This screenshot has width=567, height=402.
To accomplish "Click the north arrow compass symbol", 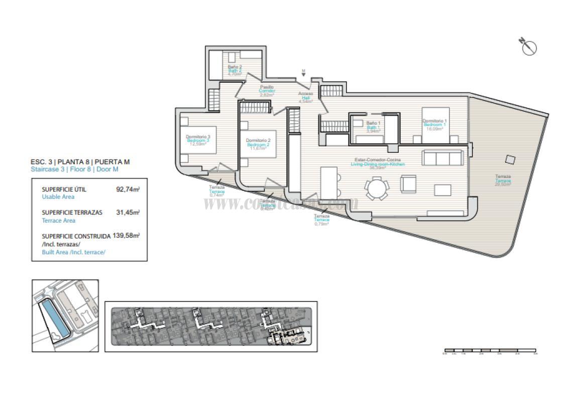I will [529, 47].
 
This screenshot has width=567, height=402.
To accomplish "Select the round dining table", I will [377, 189].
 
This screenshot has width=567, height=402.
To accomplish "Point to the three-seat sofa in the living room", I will [443, 158].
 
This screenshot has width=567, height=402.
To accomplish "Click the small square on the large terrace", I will [510, 159].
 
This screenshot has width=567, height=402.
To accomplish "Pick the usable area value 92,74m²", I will [128, 190].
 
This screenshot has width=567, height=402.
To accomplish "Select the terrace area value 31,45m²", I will [128, 213].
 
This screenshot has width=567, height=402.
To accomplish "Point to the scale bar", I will [490, 350].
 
